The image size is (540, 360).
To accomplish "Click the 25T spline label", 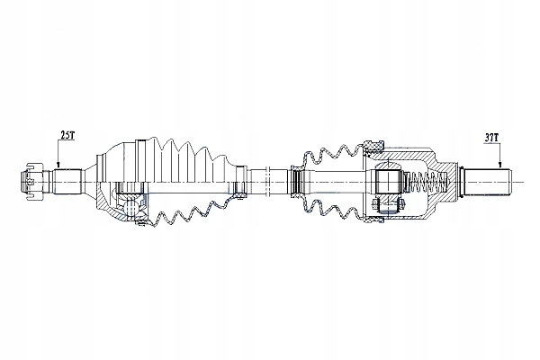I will [x=67, y=135].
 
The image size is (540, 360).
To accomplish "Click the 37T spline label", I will [x=491, y=138].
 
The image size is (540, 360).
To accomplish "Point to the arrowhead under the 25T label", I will [x=59, y=166].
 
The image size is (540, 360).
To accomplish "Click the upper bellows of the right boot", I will [x=333, y=156].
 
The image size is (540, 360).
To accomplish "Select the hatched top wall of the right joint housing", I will [x=409, y=159].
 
